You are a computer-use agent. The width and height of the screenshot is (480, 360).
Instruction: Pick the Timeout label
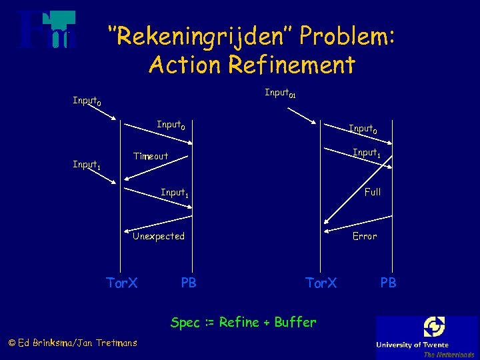pyautogui.click(x=151, y=156)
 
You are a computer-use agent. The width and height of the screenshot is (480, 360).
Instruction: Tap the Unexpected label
pyautogui.click(x=159, y=236)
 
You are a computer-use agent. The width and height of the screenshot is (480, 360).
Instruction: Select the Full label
pyautogui.click(x=372, y=192)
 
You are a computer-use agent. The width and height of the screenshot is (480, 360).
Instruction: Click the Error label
pyautogui.click(x=365, y=236)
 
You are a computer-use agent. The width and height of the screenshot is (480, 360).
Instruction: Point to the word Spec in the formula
pyautogui.click(x=185, y=323)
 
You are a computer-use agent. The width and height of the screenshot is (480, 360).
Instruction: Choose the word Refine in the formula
pyautogui.click(x=239, y=322)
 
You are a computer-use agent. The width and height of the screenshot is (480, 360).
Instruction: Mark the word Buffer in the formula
pyautogui.click(x=295, y=322)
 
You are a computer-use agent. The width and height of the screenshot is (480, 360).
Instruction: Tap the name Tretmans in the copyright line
pyautogui.click(x=117, y=343)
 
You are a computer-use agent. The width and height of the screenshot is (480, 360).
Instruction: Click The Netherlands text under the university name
pyautogui.click(x=448, y=354)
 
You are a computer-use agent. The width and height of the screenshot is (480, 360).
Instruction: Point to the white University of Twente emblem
pyautogui.click(x=433, y=327)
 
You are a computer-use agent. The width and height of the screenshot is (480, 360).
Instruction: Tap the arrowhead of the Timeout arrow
pyautogui.click(x=127, y=177)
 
